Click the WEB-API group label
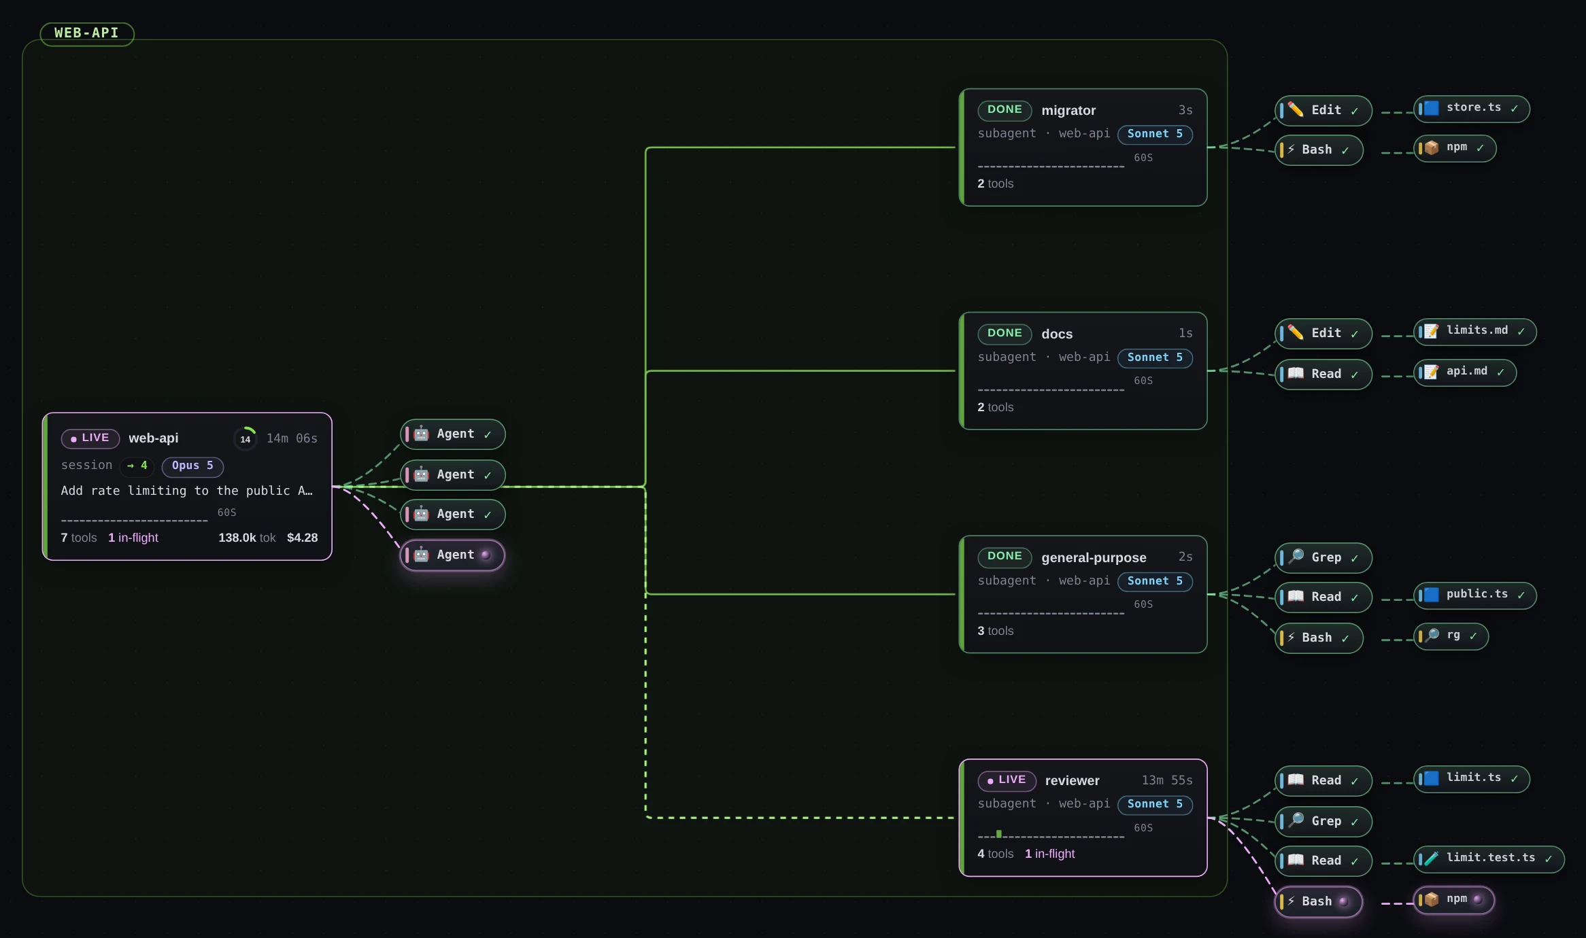pos(87,33)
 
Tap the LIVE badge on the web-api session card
pos(90,438)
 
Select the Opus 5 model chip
pos(192,466)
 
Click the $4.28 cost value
pos(303,538)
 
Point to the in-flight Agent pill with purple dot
pos(452,555)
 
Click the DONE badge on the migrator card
pos(1005,110)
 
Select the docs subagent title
pos(1057,334)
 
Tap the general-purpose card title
pos(1094,557)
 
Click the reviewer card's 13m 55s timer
pos(1167,780)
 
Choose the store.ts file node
pos(1472,109)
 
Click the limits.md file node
pos(1475,332)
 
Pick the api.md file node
pos(1465,372)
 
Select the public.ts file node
pos(1475,595)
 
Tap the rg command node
pos(1451,636)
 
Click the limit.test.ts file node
pos(1489,859)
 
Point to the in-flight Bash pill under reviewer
pos(1319,902)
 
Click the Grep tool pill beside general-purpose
pos(1323,558)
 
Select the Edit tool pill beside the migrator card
pos(1323,111)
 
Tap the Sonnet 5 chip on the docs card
pos(1155,358)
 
